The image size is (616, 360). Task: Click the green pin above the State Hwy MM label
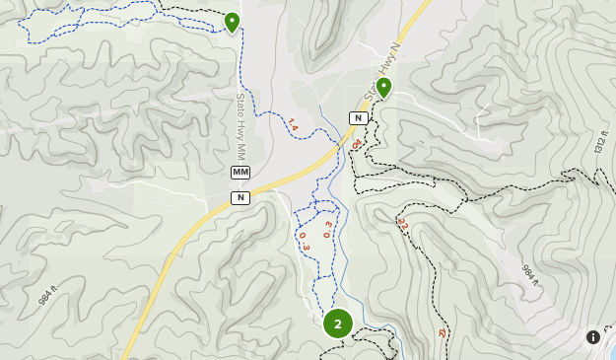232,22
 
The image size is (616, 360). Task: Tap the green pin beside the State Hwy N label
383,87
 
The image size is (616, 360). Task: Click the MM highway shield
240,173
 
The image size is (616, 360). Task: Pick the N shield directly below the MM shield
240,197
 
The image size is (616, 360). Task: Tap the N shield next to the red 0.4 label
359,117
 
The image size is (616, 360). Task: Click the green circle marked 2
338,324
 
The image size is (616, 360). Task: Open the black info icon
593,337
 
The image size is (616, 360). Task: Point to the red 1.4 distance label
292,125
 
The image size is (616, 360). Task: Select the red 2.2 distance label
402,226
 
